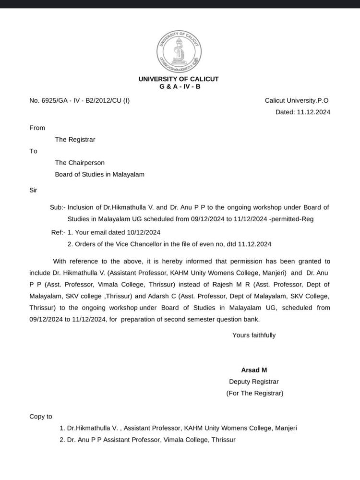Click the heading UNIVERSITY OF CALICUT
pyautogui.click(x=179, y=79)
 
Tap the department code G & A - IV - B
pyautogui.click(x=180, y=86)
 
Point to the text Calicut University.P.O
pyautogui.click(x=297, y=100)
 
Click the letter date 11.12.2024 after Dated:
pyautogui.click(x=313, y=112)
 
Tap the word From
pyautogui.click(x=37, y=128)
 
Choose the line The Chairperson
pyautogui.click(x=80, y=163)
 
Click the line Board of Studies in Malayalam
pyautogui.click(x=99, y=174)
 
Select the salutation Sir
pyautogui.click(x=34, y=190)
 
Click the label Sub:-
pyautogui.click(x=57, y=207)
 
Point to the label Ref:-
pyautogui.click(x=58, y=232)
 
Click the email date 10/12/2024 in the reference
pyautogui.click(x=143, y=232)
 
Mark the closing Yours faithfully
pyautogui.click(x=254, y=335)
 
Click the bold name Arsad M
pyautogui.click(x=254, y=370)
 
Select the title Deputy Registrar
pyautogui.click(x=254, y=382)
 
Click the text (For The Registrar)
pyautogui.click(x=255, y=393)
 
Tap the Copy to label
pyautogui.click(x=41, y=416)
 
